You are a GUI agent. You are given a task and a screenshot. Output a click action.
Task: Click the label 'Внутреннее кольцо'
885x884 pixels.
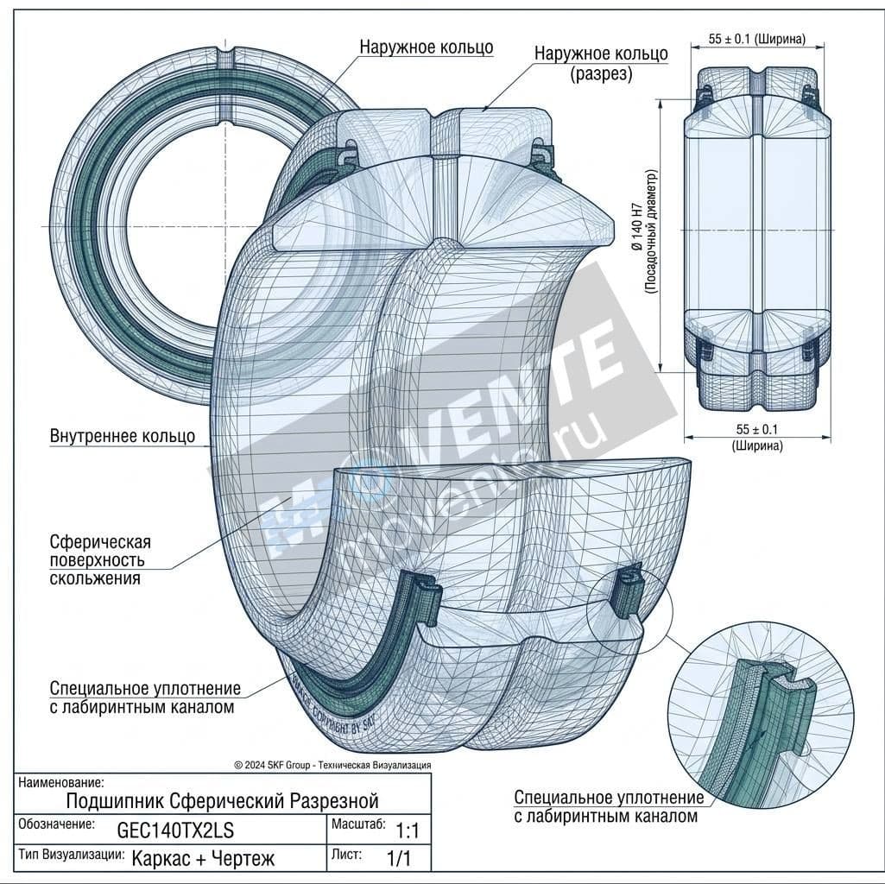coord(122,436)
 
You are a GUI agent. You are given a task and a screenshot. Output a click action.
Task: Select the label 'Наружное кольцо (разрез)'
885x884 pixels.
coord(601,63)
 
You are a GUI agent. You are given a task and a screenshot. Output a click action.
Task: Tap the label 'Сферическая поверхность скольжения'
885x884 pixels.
coord(100,559)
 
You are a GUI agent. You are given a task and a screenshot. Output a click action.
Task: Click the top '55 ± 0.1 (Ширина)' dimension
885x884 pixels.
coord(756,39)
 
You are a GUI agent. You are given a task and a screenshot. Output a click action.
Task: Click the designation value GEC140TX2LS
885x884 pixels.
coord(175,830)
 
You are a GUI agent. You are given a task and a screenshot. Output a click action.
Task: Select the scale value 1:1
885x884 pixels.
coord(407,832)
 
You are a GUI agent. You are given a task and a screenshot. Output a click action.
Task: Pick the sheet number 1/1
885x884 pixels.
coord(400,859)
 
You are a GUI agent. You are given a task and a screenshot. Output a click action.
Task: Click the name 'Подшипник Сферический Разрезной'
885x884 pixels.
coord(222,801)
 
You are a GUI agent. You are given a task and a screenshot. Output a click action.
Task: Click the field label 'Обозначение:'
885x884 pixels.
coord(56,824)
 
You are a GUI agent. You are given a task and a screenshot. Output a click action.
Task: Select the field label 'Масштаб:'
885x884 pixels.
coord(358,824)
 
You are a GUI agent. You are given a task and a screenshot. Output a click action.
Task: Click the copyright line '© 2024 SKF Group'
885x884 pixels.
coord(332,765)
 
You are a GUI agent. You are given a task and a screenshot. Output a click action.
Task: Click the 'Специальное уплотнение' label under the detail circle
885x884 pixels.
coord(609,806)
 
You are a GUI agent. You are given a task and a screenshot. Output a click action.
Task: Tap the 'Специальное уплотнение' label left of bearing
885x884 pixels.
coord(145,698)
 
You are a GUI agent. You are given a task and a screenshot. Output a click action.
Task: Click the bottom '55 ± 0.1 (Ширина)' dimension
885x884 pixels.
coord(756,437)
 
